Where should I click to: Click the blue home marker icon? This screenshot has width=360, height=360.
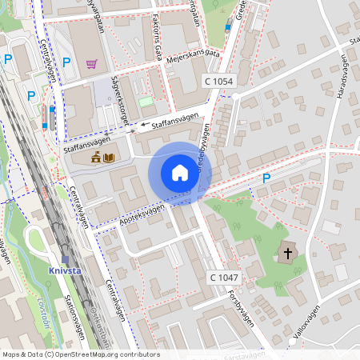pyautogui.click(x=180, y=173)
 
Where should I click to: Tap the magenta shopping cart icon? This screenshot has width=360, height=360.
pyautogui.click(x=92, y=63)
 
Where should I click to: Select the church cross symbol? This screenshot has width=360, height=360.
pyautogui.click(x=287, y=254)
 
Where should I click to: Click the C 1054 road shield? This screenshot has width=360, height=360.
pyautogui.click(x=218, y=82)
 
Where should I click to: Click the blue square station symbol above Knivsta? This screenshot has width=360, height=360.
pyautogui.click(x=66, y=258)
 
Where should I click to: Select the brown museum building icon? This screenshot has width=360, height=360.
pyautogui.click(x=96, y=157)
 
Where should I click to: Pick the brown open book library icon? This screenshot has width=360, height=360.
pyautogui.click(x=109, y=157)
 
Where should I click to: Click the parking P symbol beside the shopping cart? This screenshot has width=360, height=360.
pyautogui.click(x=67, y=62)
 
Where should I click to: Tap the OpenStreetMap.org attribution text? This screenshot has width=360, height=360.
pyautogui.click(x=105, y=354)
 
